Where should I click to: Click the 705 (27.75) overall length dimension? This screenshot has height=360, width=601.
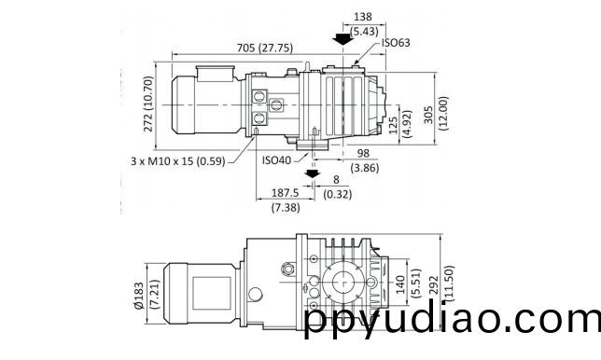(264, 48)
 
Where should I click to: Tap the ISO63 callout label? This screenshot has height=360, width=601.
(396, 43)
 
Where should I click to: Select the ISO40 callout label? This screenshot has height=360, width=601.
(277, 160)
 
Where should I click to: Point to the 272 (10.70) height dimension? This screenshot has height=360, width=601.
(148, 104)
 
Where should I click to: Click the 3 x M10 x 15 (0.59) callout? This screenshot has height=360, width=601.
(178, 161)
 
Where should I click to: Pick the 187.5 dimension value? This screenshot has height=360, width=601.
(286, 193)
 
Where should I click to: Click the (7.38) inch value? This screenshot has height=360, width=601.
(286, 208)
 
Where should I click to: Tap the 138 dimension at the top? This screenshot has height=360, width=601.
(363, 17)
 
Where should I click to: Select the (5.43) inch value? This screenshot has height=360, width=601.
(364, 32)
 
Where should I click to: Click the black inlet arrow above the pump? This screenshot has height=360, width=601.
(343, 39)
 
